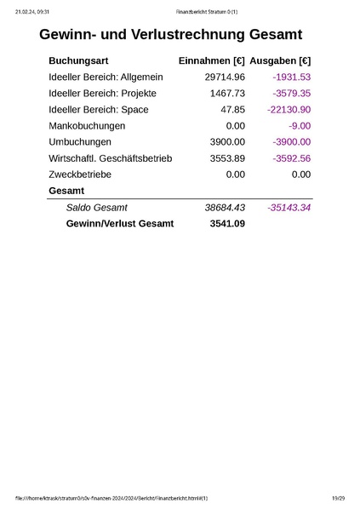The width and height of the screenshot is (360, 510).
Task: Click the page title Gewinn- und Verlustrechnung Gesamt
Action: pos(170,35)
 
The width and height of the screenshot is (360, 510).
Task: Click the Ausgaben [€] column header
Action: pos(280,61)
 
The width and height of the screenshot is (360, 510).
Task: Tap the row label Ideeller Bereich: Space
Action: pos(99,110)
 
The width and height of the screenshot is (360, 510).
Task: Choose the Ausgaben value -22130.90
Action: pos(289,110)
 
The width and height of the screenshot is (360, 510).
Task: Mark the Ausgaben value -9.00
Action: pos(299,126)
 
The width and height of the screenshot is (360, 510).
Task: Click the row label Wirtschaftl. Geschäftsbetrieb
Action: pos(111,158)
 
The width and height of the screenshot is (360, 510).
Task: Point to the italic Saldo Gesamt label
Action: pos(96,208)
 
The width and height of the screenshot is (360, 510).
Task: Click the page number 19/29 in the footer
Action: pos(338,498)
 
